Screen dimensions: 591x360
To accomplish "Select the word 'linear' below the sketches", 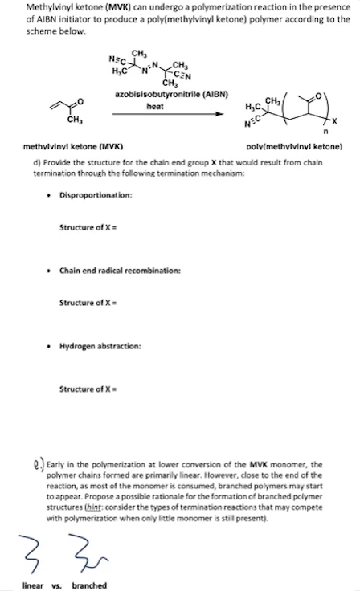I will [x=33, y=585].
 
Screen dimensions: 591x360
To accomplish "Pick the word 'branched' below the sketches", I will [x=89, y=585].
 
